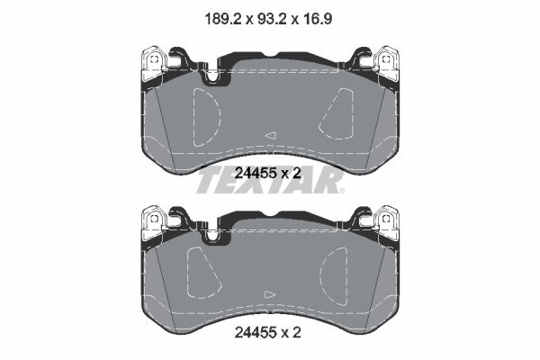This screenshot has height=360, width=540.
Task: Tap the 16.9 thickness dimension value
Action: click(x=318, y=19)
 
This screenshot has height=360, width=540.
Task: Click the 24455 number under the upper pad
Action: click(x=256, y=173)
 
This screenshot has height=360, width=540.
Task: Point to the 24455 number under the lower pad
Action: click(x=256, y=332)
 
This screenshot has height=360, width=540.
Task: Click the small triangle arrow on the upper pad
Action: click(x=271, y=135)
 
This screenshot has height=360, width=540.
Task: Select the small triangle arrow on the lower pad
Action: click(x=270, y=294)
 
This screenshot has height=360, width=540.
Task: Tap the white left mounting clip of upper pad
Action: click(x=154, y=63)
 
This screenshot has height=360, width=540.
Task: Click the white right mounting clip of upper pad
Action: click(x=386, y=63)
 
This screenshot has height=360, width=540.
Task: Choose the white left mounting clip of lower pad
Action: click(x=154, y=222)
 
